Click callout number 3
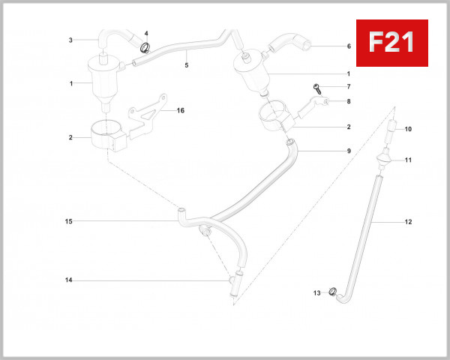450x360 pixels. (70, 40)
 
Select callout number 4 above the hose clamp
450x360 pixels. (146, 34)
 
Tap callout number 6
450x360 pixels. (349, 46)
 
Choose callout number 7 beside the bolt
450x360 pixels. (349, 87)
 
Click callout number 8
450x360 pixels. (349, 100)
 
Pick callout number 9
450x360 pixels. (349, 151)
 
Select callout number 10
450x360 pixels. (408, 130)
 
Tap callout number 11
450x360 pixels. (408, 160)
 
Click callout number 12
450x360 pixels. (408, 223)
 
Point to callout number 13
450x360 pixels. (316, 292)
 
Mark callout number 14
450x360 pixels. (68, 280)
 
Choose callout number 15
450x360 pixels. (68, 221)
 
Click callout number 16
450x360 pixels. (180, 110)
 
